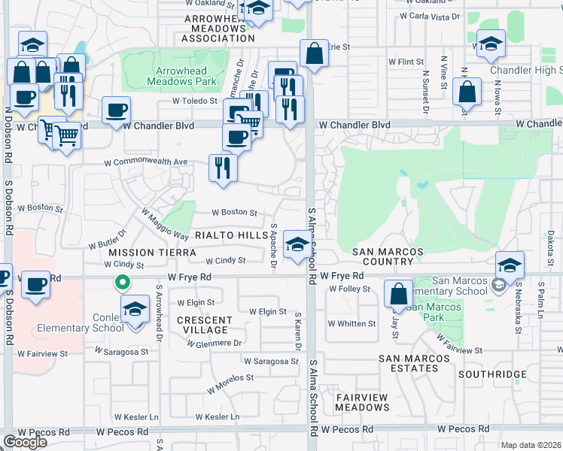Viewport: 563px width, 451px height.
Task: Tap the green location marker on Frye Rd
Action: (x=121, y=283)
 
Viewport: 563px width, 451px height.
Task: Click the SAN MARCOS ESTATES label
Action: (x=409, y=363)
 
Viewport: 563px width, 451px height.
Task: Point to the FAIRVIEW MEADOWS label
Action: (x=362, y=402)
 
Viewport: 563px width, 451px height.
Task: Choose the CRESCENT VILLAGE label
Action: (x=202, y=325)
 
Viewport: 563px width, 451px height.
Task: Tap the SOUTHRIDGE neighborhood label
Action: (x=492, y=374)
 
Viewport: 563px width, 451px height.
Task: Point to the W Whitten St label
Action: (x=351, y=324)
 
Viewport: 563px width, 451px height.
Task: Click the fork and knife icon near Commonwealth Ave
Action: (x=222, y=167)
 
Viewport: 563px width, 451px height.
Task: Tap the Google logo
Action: (x=25, y=442)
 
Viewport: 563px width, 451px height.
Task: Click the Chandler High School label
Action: (x=525, y=70)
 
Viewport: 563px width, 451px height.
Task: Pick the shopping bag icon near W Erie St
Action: (x=313, y=53)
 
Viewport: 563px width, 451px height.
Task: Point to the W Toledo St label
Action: (x=194, y=100)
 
